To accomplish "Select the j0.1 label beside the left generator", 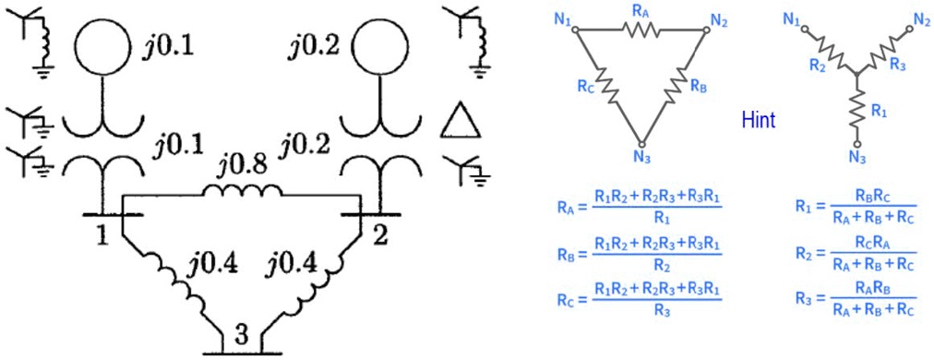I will [169, 47].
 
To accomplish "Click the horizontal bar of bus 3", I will [230, 352].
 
